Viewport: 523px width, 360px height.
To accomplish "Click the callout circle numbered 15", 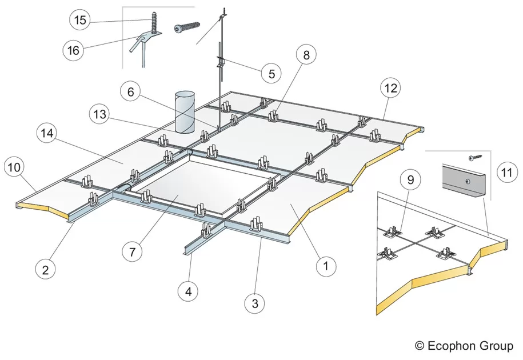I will [79, 21].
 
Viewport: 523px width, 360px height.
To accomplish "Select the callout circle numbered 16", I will [73, 50].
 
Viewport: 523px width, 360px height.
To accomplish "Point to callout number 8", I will [306, 55].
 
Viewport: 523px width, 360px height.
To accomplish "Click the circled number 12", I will [392, 88].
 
